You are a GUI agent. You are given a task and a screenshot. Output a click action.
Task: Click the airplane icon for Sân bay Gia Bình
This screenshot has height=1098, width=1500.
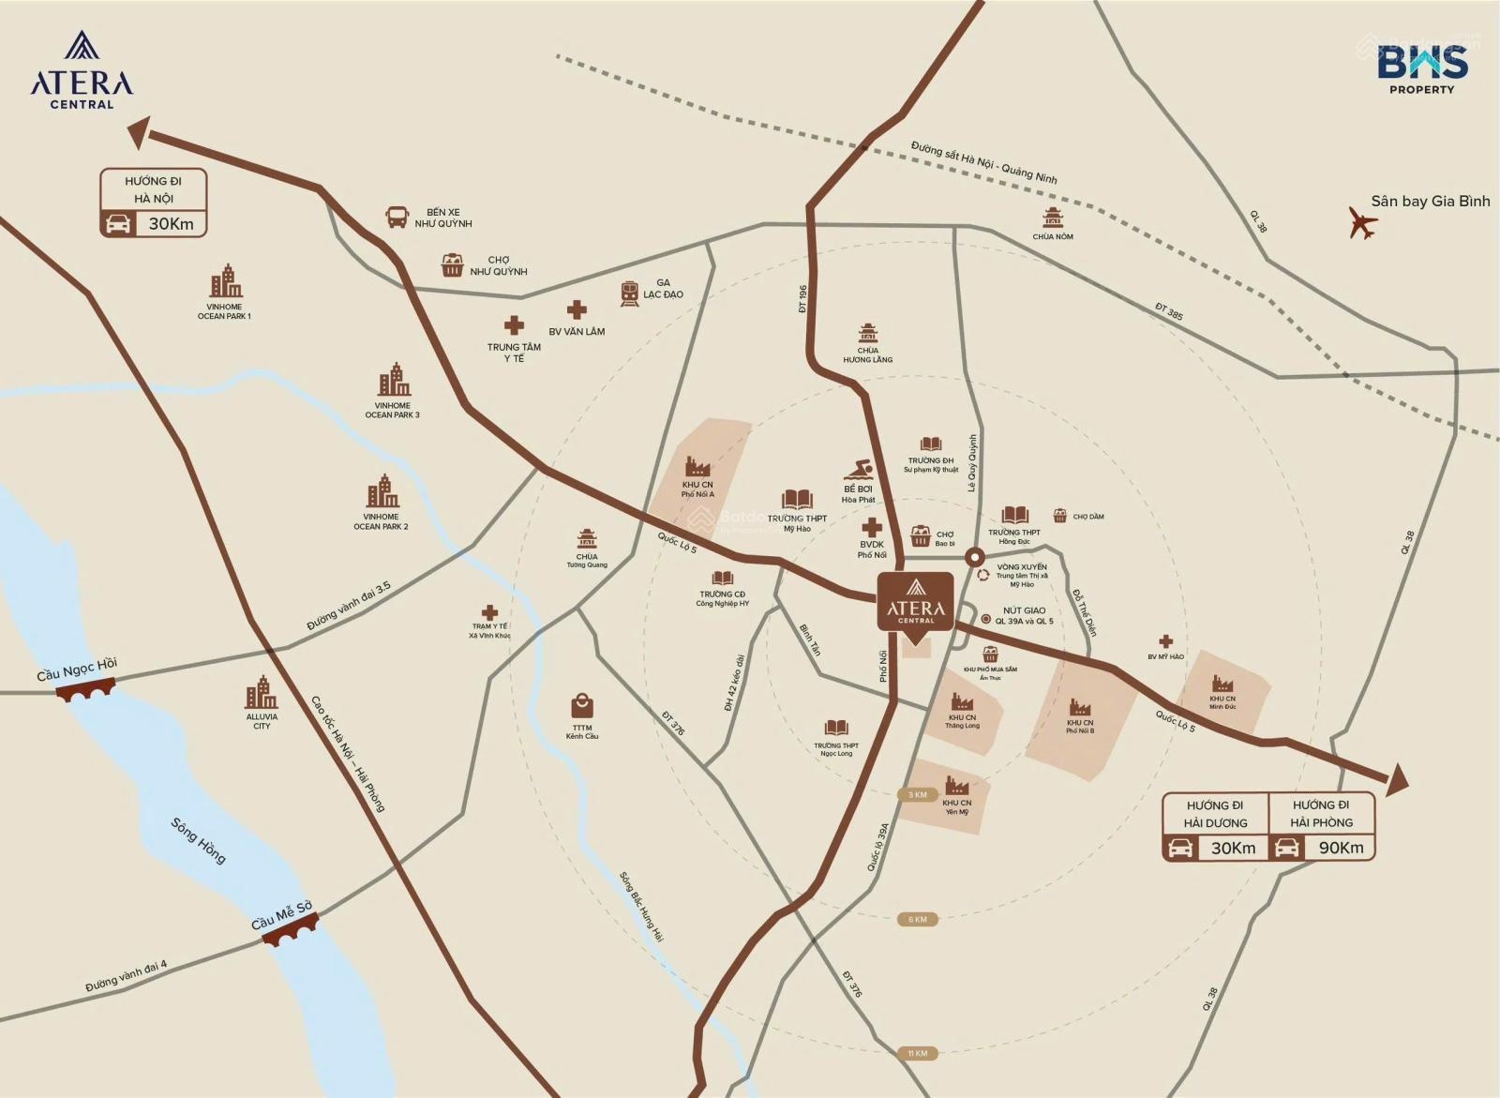coord(1362,223)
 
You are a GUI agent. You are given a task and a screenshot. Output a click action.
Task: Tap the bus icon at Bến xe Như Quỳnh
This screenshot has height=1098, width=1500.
coord(397,218)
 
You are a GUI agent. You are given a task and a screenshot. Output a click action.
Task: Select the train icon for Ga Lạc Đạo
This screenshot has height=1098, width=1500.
coord(629,293)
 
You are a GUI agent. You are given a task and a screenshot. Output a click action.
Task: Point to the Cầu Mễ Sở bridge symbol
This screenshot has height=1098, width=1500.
coord(290,931)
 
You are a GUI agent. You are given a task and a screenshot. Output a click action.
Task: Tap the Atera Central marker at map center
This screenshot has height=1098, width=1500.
coord(916,601)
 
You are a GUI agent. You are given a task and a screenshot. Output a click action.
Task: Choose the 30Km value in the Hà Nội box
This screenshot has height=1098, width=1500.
coord(171,224)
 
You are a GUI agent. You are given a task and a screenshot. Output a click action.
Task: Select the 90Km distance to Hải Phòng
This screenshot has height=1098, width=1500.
coord(1341,848)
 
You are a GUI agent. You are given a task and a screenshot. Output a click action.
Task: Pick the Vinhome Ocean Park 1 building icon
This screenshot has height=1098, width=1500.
coord(225,281)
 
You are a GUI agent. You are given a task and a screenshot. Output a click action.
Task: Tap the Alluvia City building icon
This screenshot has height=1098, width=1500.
coord(261,693)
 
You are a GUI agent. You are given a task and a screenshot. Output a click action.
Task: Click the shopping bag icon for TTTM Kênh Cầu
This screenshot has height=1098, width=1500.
coord(582,705)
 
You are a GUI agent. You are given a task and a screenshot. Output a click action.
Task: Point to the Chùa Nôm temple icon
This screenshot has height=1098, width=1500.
coord(1053,218)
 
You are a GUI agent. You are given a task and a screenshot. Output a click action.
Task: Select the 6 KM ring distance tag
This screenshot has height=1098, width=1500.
coord(917,919)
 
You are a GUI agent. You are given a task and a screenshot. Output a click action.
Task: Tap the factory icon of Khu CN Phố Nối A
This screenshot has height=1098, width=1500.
coord(697,467)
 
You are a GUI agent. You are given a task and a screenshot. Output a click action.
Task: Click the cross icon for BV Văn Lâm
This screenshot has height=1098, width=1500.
coord(577,310)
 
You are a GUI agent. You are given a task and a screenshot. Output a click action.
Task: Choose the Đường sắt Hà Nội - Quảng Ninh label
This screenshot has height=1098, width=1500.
coord(983,162)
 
